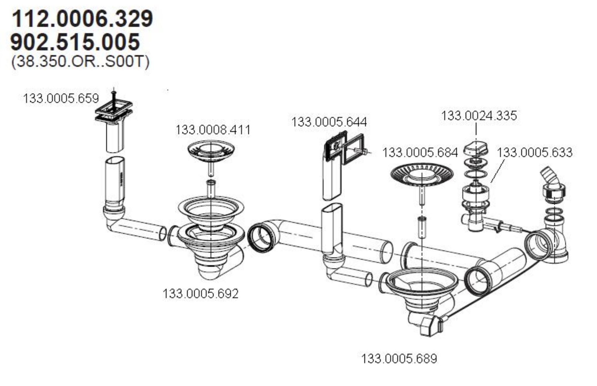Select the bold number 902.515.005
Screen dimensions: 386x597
(x=75, y=42)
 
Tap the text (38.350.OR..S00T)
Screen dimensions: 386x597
(x=80, y=61)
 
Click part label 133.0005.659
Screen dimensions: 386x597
(x=61, y=98)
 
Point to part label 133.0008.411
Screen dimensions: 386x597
(x=213, y=130)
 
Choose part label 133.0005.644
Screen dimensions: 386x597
(x=329, y=122)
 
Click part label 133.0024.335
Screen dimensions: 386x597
(x=479, y=116)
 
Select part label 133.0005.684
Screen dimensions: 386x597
(x=420, y=152)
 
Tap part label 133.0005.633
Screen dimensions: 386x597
(x=535, y=152)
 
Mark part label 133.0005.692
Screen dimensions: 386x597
(x=200, y=293)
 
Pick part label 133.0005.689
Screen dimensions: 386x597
(x=399, y=359)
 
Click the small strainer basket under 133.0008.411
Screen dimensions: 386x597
(x=211, y=150)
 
